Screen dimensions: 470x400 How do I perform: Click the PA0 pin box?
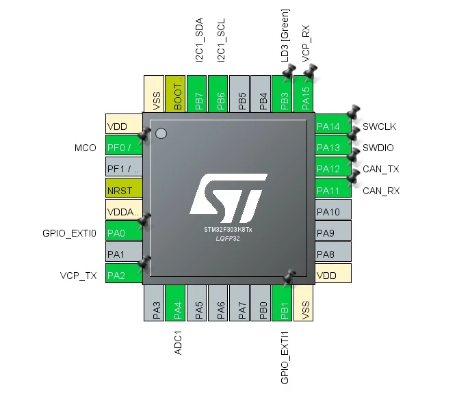[x=124, y=230]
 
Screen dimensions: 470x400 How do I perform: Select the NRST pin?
[x=124, y=188]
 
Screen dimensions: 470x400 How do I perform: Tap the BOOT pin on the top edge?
[x=175, y=94]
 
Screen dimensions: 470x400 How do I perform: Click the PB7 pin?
[x=196, y=94]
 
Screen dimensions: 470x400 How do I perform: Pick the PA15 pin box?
[x=303, y=94]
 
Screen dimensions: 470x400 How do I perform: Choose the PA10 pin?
[x=333, y=209]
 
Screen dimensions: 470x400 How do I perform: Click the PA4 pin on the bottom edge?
[x=175, y=303]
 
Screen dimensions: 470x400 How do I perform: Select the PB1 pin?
[x=282, y=303]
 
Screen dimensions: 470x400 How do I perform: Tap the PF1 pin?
[x=124, y=167]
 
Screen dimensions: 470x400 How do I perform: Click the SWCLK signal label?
[x=380, y=126]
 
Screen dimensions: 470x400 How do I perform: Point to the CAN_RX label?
[x=381, y=191]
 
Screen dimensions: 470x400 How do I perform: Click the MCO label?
[x=86, y=148]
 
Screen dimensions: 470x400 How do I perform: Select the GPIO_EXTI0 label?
[x=70, y=233]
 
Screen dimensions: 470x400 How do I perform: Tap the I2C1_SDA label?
[x=199, y=40]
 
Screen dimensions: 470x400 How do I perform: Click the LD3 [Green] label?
[x=285, y=36]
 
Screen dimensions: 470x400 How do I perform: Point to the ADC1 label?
[x=178, y=343]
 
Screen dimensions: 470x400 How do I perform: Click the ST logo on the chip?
[x=229, y=198]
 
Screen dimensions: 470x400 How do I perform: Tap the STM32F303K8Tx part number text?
[x=228, y=230]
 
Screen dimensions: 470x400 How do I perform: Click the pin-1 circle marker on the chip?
[x=161, y=133]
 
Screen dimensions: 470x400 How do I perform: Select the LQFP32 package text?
[x=228, y=239]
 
